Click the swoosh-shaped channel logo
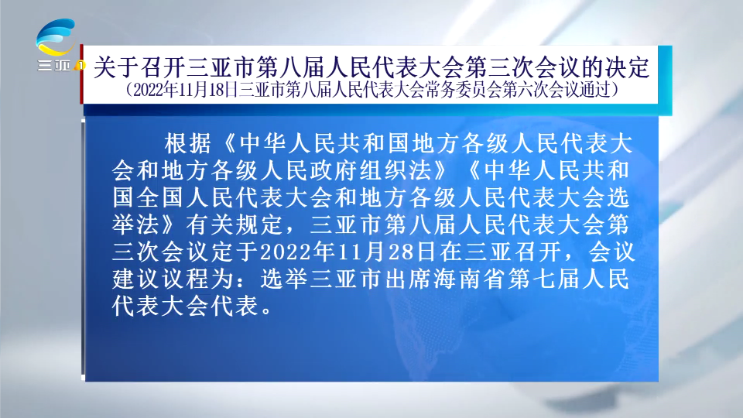(56, 37)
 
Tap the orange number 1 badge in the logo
(80, 65)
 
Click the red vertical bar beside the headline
(81, 74)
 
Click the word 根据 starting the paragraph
(187, 143)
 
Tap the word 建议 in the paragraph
(135, 279)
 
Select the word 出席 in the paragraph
(409, 279)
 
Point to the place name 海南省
(471, 279)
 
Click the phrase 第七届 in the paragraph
(545, 279)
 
